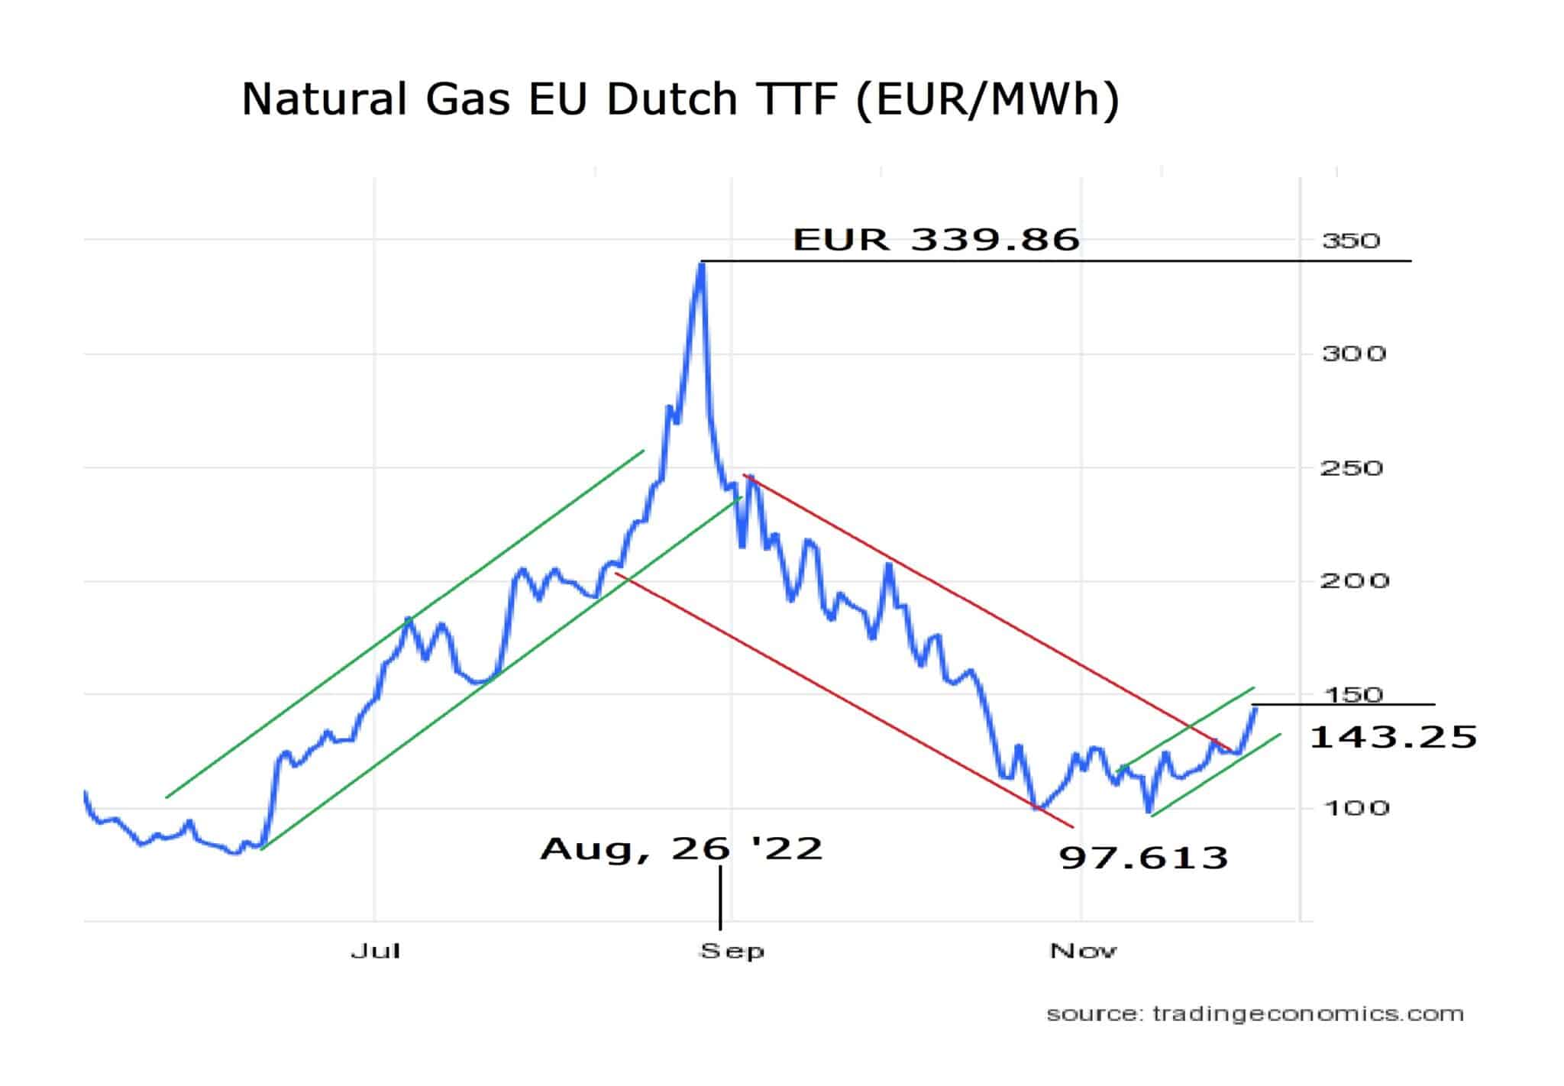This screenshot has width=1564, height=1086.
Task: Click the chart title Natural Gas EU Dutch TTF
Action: pyautogui.click(x=680, y=101)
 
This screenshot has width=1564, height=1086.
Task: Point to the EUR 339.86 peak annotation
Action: pyautogui.click(x=936, y=239)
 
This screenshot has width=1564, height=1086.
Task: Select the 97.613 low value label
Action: pyautogui.click(x=1143, y=858)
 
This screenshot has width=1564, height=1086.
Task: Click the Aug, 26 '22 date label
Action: pyautogui.click(x=681, y=848)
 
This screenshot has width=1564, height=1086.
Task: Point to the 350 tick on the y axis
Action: pyautogui.click(x=1352, y=241)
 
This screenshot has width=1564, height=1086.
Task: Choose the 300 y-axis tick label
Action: pyautogui.click(x=1353, y=354)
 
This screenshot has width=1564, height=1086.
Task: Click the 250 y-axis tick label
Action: pyautogui.click(x=1352, y=467)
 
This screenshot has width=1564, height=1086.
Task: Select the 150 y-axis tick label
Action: pyautogui.click(x=1352, y=694)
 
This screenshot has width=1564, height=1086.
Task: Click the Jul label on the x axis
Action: pyautogui.click(x=375, y=951)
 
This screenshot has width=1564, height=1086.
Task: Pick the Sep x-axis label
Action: pyautogui.click(x=732, y=952)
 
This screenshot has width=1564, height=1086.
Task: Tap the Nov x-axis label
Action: pyautogui.click(x=1083, y=951)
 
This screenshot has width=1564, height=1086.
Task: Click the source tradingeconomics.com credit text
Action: pyautogui.click(x=1255, y=1014)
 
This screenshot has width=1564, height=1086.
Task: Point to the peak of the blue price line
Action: pyautogui.click(x=702, y=263)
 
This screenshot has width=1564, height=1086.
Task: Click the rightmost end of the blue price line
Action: pyautogui.click(x=1255, y=709)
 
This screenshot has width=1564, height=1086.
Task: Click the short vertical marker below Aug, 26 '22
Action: pyautogui.click(x=720, y=897)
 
